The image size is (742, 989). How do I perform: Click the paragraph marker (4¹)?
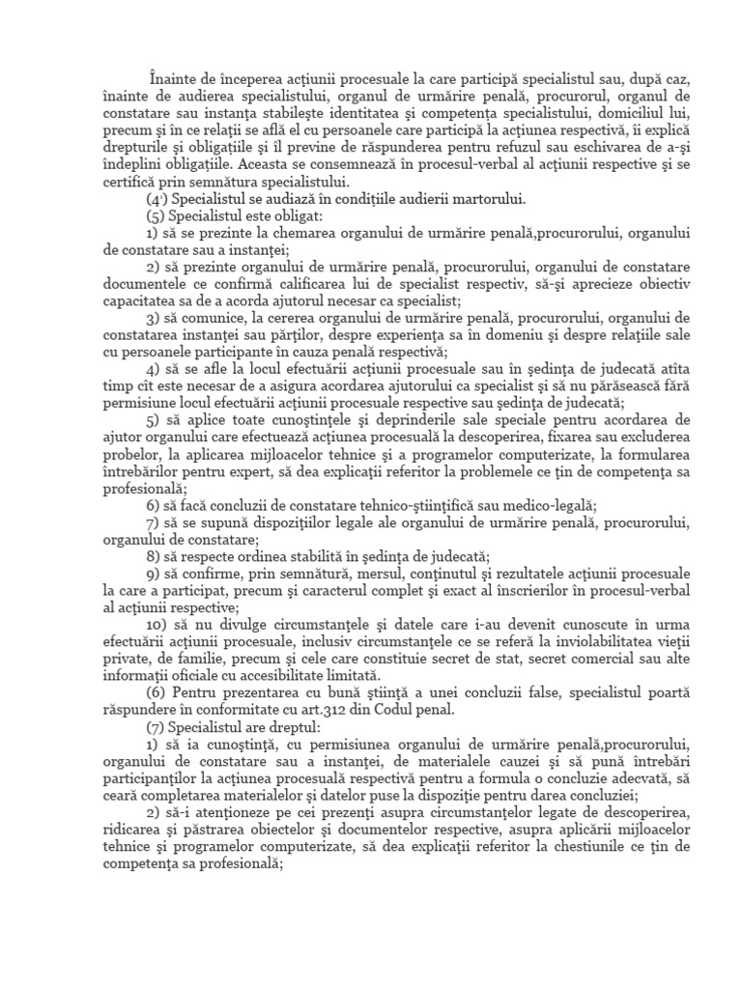(x=159, y=200)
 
